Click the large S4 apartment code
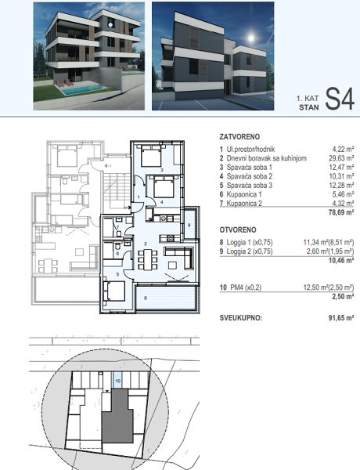340,99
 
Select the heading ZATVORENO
239,136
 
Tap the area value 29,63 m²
341,158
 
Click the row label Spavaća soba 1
249,168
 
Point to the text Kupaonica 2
244,203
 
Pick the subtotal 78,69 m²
341,212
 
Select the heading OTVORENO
238,230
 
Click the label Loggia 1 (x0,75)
250,242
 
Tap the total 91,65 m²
341,318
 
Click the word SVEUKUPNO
241,318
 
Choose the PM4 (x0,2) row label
246,287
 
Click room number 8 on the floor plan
146,298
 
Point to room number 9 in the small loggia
189,225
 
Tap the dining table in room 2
148,259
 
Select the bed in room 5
114,291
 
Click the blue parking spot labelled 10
117,381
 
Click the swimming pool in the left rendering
81,89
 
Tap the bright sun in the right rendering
251,38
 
